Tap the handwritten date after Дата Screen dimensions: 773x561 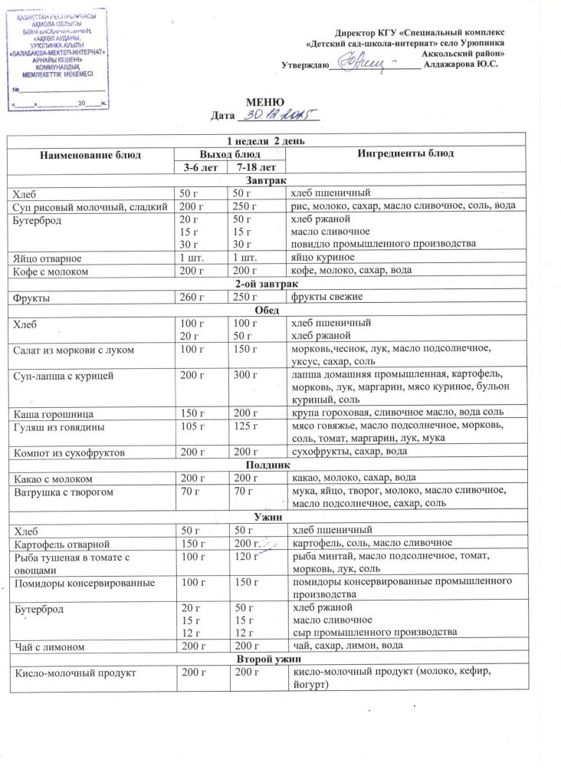[x=278, y=116]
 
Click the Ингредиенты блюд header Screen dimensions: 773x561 [x=400, y=155]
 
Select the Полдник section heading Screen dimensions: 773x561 [x=267, y=465]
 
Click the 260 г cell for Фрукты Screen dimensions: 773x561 [x=192, y=297]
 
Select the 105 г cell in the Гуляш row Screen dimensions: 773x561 [x=192, y=426]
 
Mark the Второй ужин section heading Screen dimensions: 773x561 [x=267, y=660]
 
